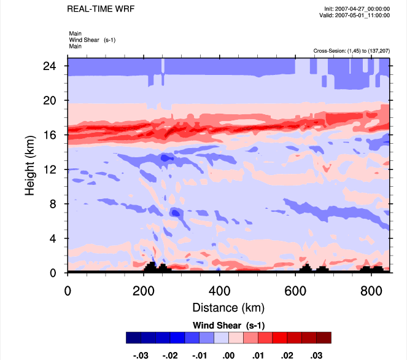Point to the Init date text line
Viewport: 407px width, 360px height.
click(x=357, y=9)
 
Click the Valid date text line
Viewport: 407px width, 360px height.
click(x=357, y=15)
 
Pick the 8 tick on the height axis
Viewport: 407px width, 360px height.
click(x=54, y=204)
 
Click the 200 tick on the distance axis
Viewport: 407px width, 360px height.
click(x=143, y=289)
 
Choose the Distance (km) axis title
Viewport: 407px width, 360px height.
click(x=228, y=307)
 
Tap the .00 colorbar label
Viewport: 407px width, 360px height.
click(x=228, y=354)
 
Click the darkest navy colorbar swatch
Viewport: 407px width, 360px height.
click(x=133, y=337)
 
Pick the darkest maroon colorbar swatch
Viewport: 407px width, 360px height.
click(x=324, y=337)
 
